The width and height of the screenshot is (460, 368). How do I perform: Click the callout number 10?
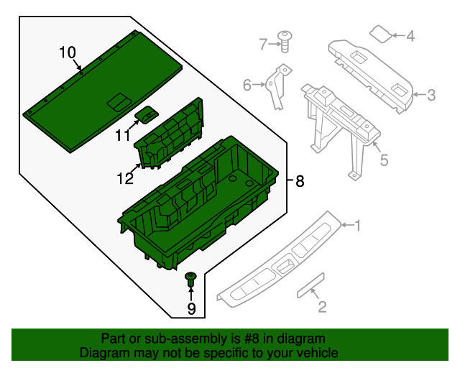click(68, 52)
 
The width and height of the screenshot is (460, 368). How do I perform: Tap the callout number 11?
click(123, 136)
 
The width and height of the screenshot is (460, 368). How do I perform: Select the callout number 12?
click(125, 178)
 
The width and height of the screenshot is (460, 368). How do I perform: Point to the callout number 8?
click(300, 181)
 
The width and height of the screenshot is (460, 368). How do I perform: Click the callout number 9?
click(191, 308)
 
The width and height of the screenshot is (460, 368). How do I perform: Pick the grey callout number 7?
click(263, 45)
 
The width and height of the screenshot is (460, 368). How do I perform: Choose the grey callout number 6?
click(247, 85)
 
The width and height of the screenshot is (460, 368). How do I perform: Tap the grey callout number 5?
click(384, 160)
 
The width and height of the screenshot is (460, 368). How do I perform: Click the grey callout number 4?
click(410, 36)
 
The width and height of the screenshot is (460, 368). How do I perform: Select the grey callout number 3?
click(431, 96)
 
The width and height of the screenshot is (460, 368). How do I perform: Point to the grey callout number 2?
click(322, 307)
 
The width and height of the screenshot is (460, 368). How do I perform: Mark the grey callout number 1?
click(357, 226)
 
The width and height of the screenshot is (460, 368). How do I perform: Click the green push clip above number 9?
click(190, 280)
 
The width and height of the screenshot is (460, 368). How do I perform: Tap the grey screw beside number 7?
click(285, 42)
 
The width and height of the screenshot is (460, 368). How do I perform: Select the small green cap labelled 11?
click(147, 115)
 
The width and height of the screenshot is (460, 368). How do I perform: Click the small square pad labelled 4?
click(381, 34)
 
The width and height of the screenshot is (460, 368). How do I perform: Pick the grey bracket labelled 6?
click(278, 87)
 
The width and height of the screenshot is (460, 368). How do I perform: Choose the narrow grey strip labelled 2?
click(310, 285)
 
